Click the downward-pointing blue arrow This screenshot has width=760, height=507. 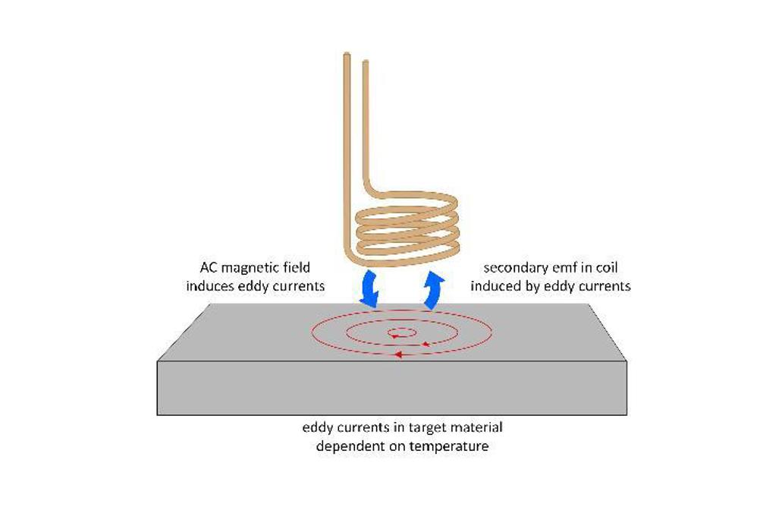[369, 290]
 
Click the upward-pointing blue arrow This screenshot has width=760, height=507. [434, 291]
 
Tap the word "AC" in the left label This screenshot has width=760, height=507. [209, 268]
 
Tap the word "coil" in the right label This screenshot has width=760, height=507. [608, 268]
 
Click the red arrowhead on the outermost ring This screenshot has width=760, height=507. [398, 355]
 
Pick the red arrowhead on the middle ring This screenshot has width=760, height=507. [426, 345]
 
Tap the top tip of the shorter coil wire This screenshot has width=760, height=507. [366, 61]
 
